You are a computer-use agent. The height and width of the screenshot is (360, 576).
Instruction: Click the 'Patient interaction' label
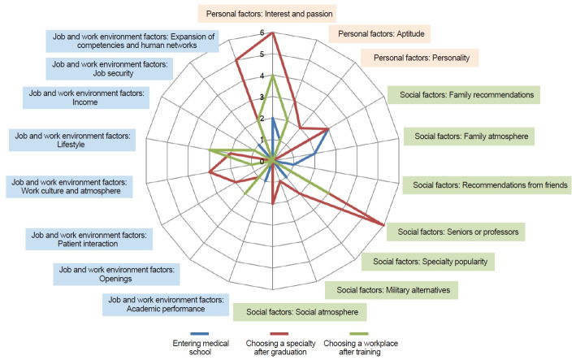click(89, 240)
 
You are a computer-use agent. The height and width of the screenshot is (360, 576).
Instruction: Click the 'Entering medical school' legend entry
click(199, 345)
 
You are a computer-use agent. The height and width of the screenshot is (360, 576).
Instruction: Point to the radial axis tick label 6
click(262, 33)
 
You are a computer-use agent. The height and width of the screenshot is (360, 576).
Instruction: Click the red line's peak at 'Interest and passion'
click(273, 33)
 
